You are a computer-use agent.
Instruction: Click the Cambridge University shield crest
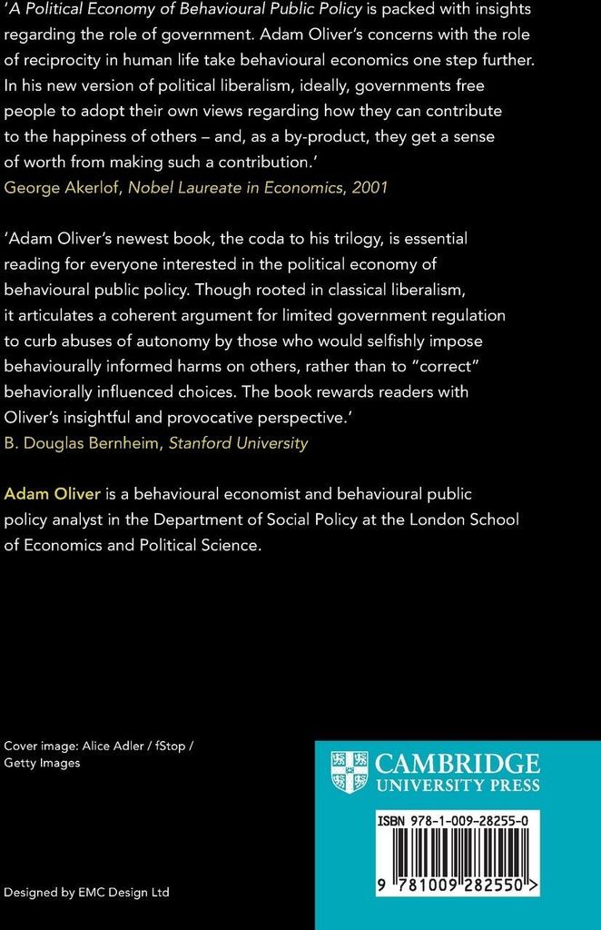[x=350, y=772]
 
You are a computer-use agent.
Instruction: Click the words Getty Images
[x=42, y=763]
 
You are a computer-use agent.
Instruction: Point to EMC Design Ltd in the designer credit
[x=123, y=892]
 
